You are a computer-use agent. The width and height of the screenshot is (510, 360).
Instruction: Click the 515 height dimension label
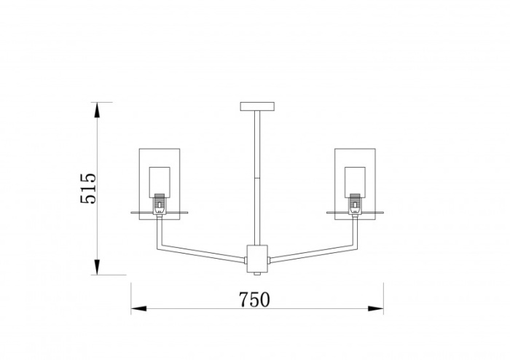click(88, 188)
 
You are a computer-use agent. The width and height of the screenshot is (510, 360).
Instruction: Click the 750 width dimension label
click(254, 300)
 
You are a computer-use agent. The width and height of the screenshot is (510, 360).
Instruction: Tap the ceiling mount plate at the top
click(257, 106)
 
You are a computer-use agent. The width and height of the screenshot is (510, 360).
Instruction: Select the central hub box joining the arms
click(257, 259)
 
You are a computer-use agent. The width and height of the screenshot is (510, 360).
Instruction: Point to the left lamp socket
click(160, 204)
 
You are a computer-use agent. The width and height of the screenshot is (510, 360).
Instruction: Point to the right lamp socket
click(355, 204)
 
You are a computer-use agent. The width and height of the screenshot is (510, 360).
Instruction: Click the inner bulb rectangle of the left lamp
click(160, 182)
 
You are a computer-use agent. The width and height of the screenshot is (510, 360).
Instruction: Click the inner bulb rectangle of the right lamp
click(356, 182)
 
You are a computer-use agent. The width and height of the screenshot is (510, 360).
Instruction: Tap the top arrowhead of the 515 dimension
click(97, 109)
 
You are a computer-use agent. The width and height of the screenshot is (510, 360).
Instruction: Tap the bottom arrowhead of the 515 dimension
click(97, 267)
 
